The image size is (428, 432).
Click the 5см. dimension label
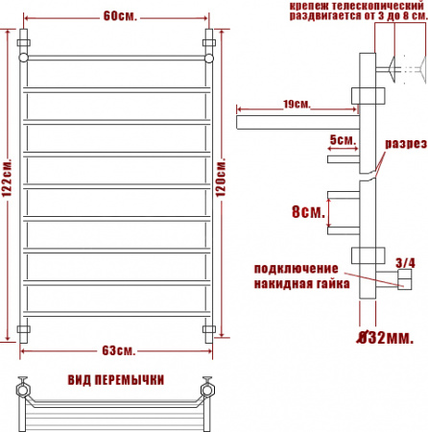click(x=341, y=140)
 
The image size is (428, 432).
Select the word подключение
click(x=296, y=268)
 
